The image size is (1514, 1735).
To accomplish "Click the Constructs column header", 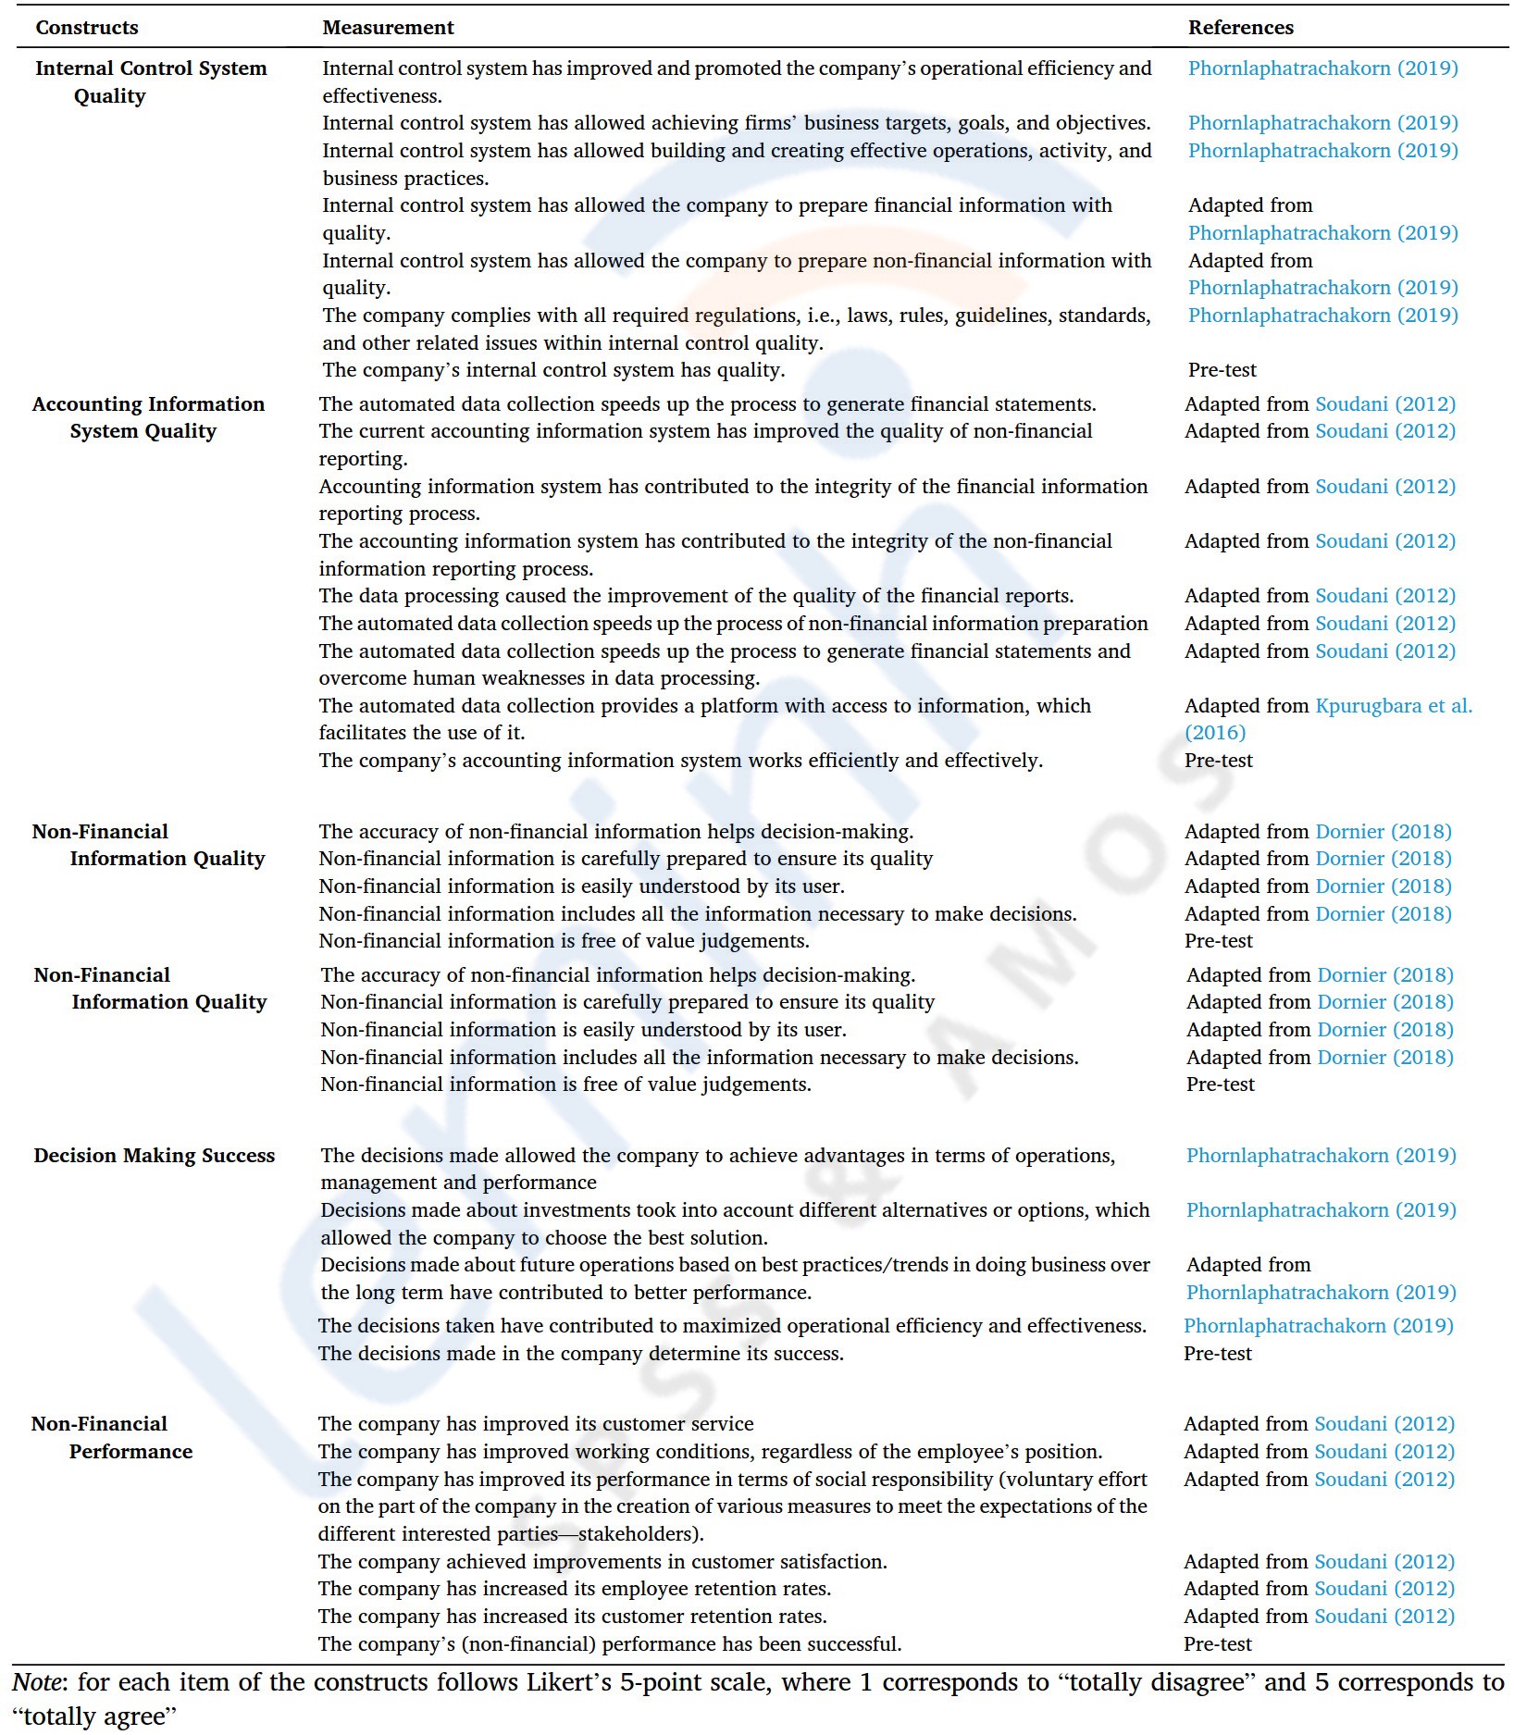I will [x=87, y=28].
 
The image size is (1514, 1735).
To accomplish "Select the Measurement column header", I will [x=388, y=28].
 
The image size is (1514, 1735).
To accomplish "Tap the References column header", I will [x=1240, y=28].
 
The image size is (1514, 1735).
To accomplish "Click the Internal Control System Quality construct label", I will [x=151, y=81].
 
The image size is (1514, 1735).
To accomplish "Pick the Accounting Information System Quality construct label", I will [x=148, y=417].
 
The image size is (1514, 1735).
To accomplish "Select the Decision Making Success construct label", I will [x=155, y=1155].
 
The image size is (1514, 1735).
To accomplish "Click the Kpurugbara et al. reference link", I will [x=1393, y=706].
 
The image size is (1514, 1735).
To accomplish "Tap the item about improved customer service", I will [x=536, y=1423].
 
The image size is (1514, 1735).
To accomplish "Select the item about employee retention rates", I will [x=575, y=1588].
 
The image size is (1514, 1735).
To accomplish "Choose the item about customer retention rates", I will [x=573, y=1616].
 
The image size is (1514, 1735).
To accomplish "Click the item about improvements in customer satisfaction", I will [x=602, y=1561].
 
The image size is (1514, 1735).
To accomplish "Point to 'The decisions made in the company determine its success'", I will [x=581, y=1353].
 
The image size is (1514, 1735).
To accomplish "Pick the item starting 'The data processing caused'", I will [x=696, y=596].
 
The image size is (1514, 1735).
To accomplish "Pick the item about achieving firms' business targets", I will [x=736, y=123].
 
